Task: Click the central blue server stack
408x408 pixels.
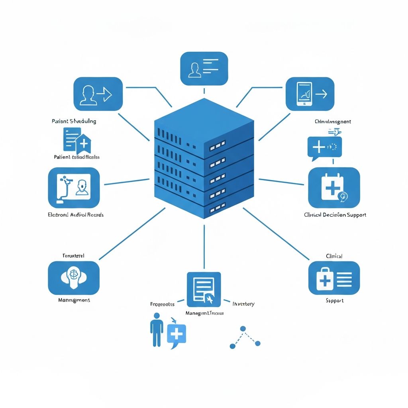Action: [x=204, y=159]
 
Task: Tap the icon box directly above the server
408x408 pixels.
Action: [x=204, y=69]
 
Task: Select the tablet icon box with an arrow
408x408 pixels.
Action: [x=310, y=94]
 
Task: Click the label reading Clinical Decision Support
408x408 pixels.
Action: [x=335, y=215]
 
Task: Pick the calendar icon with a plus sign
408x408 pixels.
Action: [x=334, y=188]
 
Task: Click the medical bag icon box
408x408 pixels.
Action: [x=334, y=278]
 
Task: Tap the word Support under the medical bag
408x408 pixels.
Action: [x=334, y=300]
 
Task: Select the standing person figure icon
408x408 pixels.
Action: [x=157, y=329]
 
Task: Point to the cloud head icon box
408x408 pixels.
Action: [x=73, y=278]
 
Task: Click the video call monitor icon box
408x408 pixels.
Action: [x=74, y=188]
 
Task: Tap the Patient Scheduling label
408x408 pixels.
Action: [x=74, y=121]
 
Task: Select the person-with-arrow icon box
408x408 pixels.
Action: [x=98, y=94]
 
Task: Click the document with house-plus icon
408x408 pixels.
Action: [x=77, y=140]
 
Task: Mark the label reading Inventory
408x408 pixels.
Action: [x=243, y=304]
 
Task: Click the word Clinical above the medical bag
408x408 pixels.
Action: [x=334, y=256]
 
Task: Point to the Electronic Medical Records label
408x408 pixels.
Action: [x=75, y=215]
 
